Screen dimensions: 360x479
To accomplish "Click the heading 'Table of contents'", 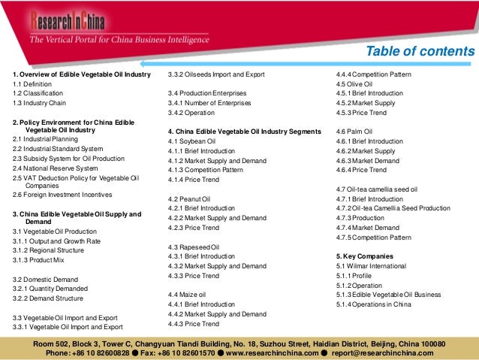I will pyautogui.click(x=420, y=52).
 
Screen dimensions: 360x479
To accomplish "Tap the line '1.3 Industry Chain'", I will pyautogui.click(x=39, y=101).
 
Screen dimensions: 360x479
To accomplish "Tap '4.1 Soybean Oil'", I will pyautogui.click(x=192, y=141).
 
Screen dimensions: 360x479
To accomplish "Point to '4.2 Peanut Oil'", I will pyautogui.click(x=190, y=198).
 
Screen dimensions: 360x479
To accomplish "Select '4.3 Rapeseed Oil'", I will pyautogui.click(x=194, y=247).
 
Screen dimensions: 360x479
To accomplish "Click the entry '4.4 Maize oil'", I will pyautogui.click(x=188, y=295).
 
